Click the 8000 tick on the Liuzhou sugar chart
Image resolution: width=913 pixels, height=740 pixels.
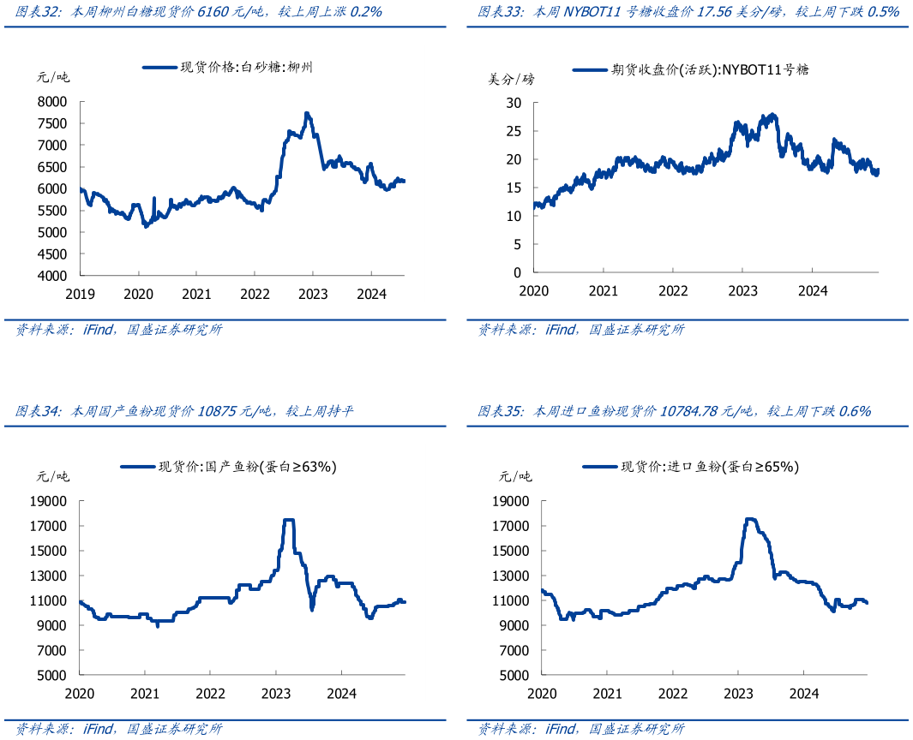coord(51,101)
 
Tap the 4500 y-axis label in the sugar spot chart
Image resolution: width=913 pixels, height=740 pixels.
coord(51,254)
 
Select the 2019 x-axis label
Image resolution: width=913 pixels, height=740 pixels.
coord(80,294)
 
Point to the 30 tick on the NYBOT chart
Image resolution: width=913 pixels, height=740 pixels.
coord(514,103)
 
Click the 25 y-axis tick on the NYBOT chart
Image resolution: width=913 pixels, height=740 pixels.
coord(514,131)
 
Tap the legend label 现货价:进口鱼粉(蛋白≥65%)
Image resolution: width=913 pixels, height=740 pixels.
coord(710,467)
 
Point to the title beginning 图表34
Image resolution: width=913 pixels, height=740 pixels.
coord(185,412)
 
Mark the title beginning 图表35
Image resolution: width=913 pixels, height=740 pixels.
coord(674,412)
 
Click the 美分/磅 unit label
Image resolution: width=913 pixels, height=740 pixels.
coord(511,80)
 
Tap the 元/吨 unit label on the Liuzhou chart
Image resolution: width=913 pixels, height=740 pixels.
coord(53,77)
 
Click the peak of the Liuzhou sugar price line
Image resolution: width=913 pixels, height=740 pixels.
coord(307,113)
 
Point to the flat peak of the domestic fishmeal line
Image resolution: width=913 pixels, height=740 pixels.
coord(289,520)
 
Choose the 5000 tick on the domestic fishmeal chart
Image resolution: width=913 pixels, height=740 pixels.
coord(54,675)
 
